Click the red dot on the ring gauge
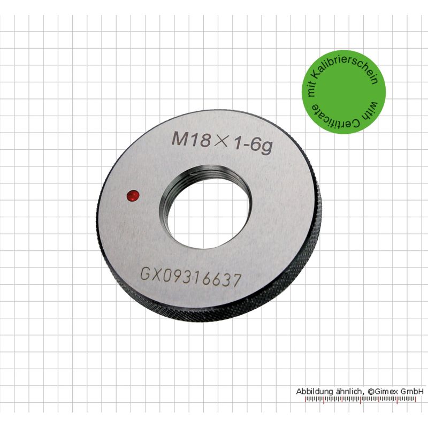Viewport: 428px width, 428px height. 133,196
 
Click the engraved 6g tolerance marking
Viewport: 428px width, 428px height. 262,146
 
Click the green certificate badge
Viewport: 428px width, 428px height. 343,92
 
